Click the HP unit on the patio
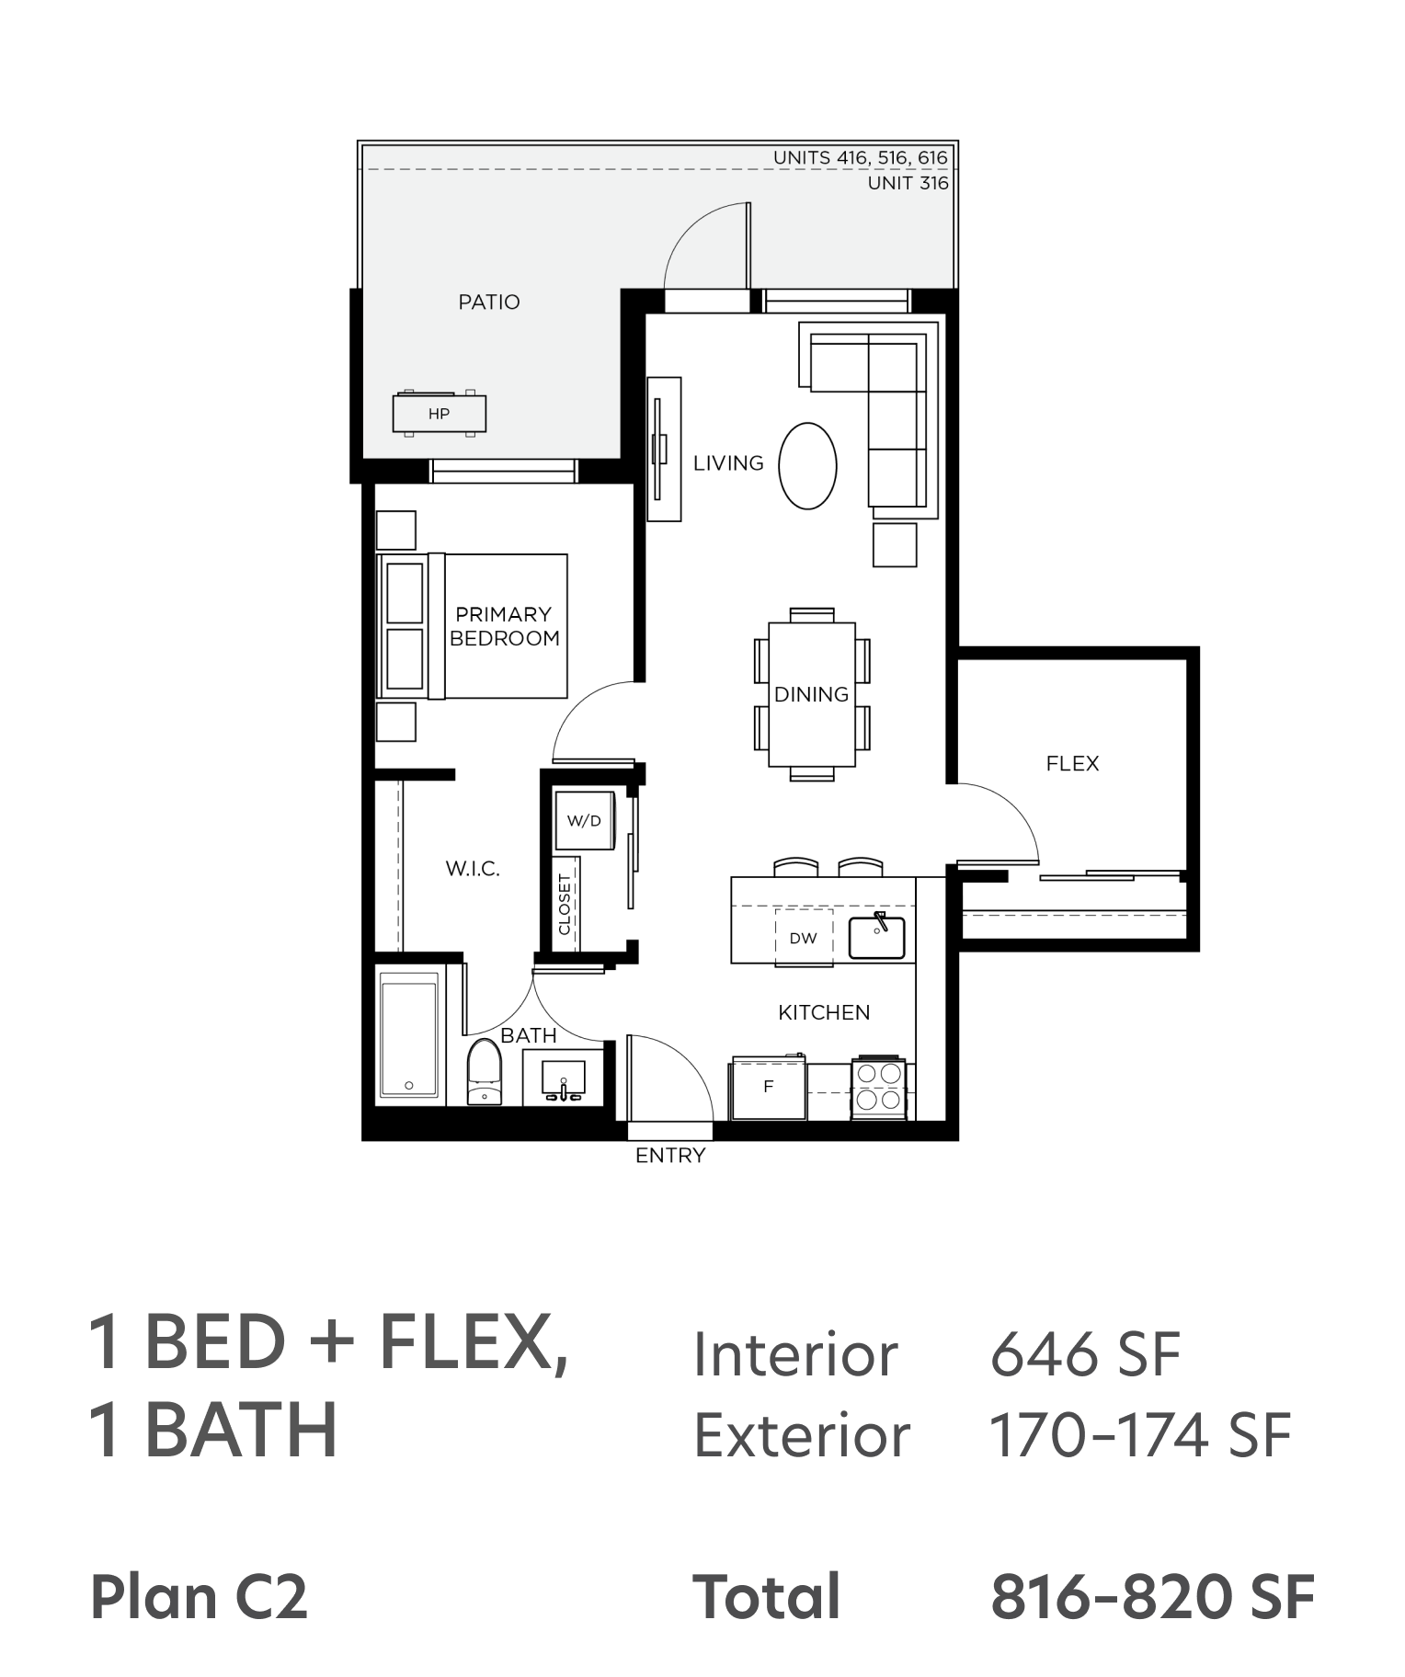[x=440, y=414]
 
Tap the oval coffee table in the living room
[x=807, y=465]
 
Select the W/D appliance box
[x=585, y=820]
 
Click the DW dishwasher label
[x=803, y=939]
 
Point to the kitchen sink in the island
[x=876, y=937]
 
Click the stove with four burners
[x=879, y=1087]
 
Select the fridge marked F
[x=769, y=1088]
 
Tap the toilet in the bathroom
[x=485, y=1072]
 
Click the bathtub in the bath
[x=409, y=1034]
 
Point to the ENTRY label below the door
[x=670, y=1156]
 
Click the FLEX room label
[x=1072, y=763]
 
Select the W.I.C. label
[x=473, y=869]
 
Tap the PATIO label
[x=489, y=302]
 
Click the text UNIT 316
[x=908, y=183]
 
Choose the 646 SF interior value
[x=1085, y=1354]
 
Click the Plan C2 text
[x=199, y=1597]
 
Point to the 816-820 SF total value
[x=1153, y=1597]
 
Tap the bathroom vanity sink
[x=563, y=1078]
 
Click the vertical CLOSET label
[x=565, y=905]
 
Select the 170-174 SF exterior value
[x=1140, y=1435]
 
